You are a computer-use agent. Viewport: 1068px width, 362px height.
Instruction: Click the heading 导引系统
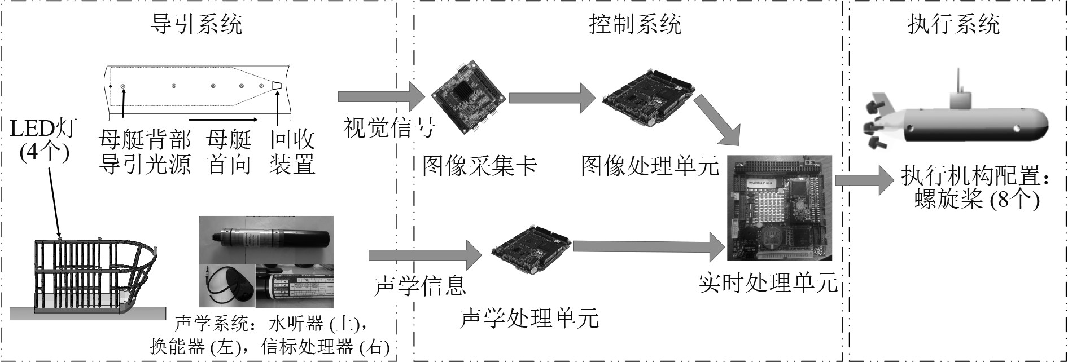[196, 24]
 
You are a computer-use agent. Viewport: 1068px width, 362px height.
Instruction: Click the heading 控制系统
[634, 24]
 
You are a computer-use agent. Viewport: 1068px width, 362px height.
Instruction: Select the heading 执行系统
[953, 24]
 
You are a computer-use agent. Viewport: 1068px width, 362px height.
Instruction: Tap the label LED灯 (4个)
[44, 140]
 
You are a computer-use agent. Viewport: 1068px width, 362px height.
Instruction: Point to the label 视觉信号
[389, 128]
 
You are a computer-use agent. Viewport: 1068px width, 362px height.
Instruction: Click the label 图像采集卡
[480, 166]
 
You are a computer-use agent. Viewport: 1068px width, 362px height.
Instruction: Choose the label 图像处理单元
[650, 166]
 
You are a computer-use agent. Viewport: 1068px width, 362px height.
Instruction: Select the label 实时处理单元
[768, 282]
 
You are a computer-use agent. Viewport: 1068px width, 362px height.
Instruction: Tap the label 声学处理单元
[529, 319]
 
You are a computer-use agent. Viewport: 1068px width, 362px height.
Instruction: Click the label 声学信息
[420, 286]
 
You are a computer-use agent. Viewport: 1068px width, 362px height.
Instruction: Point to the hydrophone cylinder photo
[265, 240]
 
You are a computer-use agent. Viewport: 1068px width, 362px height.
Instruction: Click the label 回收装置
[292, 152]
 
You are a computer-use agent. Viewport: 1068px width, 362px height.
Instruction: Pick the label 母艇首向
[229, 152]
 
